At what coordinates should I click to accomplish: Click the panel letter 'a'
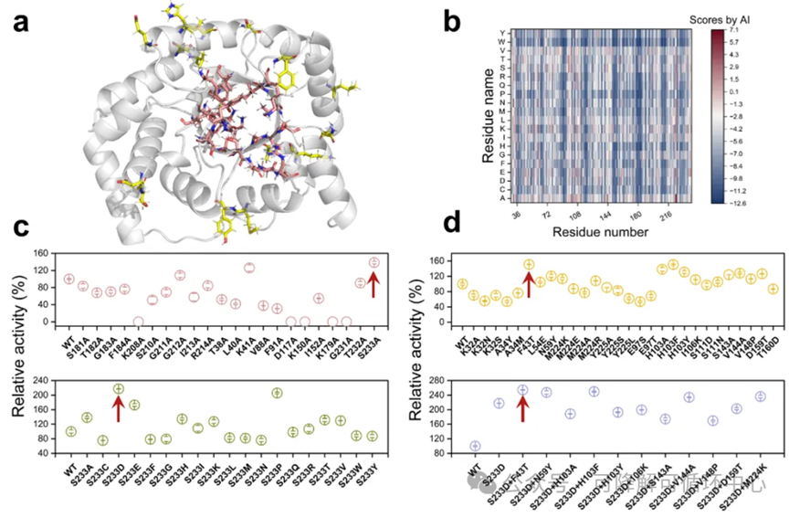21,20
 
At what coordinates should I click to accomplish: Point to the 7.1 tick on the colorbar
740,30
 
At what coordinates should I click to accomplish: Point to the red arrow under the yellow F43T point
529,286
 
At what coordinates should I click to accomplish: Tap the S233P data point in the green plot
277,394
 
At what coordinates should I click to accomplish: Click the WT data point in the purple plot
474,447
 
